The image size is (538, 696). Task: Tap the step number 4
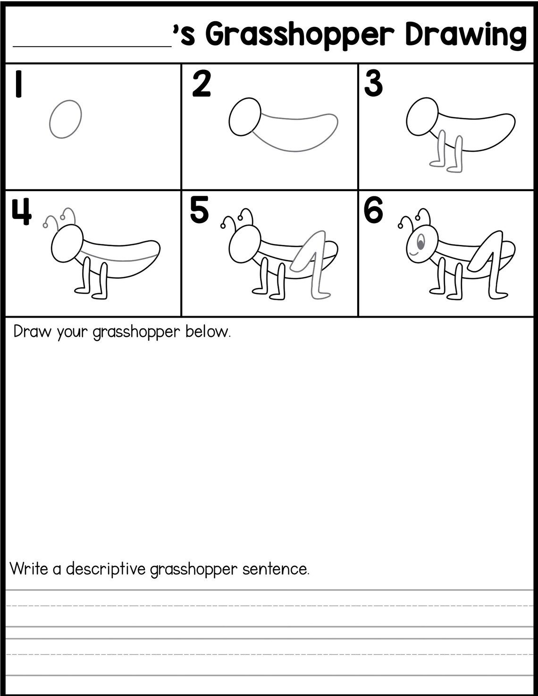[x=21, y=212]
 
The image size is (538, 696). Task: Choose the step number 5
[x=199, y=211]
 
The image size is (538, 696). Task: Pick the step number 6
[x=373, y=211]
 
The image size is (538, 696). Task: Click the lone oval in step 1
[x=65, y=119]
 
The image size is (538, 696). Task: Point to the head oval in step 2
[x=245, y=117]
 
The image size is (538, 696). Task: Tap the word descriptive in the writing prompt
[x=106, y=569]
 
